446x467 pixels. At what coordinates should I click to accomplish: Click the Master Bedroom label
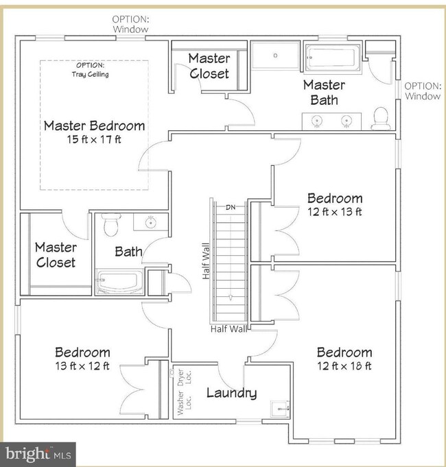94,125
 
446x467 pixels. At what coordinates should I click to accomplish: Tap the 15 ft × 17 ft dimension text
94,139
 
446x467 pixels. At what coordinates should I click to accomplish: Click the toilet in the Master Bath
381,119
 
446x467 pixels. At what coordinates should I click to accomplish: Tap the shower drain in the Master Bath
275,56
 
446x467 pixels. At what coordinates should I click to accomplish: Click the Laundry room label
231,393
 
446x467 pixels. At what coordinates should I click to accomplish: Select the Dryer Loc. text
184,377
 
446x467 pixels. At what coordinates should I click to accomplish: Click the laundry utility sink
280,409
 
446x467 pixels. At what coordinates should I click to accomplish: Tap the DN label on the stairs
231,207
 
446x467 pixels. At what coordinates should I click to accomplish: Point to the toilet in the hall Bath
111,224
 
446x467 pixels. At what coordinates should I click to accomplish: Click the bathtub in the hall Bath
119,281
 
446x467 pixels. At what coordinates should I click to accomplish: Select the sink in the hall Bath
151,222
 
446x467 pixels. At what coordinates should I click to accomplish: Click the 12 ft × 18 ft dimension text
344,366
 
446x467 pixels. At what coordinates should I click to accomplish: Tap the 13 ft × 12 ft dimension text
82,366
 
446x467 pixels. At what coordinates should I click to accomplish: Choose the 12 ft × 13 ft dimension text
335,212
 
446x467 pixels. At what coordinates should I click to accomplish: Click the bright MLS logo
38,455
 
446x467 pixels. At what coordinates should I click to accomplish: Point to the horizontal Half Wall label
228,328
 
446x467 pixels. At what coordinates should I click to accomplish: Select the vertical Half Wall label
206,261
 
